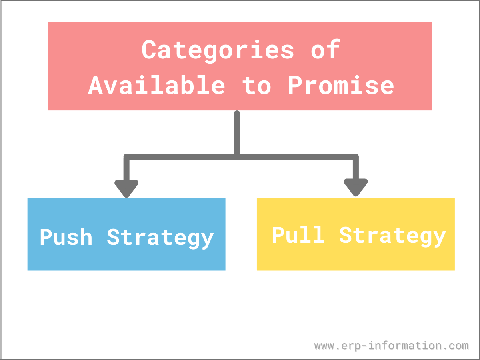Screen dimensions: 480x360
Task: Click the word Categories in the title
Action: pos(218,51)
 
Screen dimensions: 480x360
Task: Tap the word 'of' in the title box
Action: pos(326,49)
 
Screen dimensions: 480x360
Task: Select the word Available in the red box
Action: pos(156,85)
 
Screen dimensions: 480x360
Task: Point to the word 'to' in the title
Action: pos(257,86)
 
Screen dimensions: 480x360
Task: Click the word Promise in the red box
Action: pos(341,85)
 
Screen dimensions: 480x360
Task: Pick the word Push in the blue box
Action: pos(66,237)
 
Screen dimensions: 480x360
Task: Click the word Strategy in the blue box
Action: pos(160,239)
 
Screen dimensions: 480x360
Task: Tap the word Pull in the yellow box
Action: pos(298,234)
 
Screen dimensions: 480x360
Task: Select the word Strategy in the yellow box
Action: pos(392,236)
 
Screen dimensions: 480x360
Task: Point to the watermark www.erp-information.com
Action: pos(392,346)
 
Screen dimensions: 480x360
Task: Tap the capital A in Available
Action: pos(95,85)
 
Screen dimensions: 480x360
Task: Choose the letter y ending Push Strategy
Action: pos(207,241)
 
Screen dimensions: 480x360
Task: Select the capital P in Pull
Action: pos(279,234)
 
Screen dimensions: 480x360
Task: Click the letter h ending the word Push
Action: pos(86,237)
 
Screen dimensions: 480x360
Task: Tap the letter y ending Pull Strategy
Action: pos(440,239)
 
